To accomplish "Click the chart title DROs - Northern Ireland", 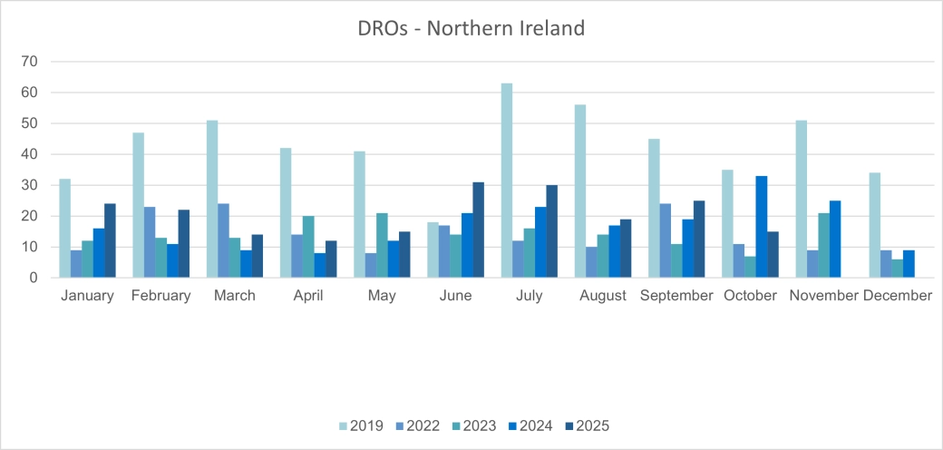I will [x=471, y=28].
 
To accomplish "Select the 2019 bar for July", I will [x=507, y=181].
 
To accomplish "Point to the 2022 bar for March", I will [x=223, y=240].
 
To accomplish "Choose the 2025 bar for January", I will [x=110, y=240].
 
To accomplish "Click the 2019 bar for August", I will [x=580, y=191].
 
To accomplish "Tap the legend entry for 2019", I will [x=361, y=425].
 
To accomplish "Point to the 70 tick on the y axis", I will [x=35, y=62].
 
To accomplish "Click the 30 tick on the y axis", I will [x=35, y=185].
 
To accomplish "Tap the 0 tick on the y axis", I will [x=39, y=278].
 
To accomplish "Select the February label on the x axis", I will [x=160, y=296].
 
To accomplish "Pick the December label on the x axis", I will [x=898, y=296].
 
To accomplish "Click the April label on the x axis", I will [x=308, y=296].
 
